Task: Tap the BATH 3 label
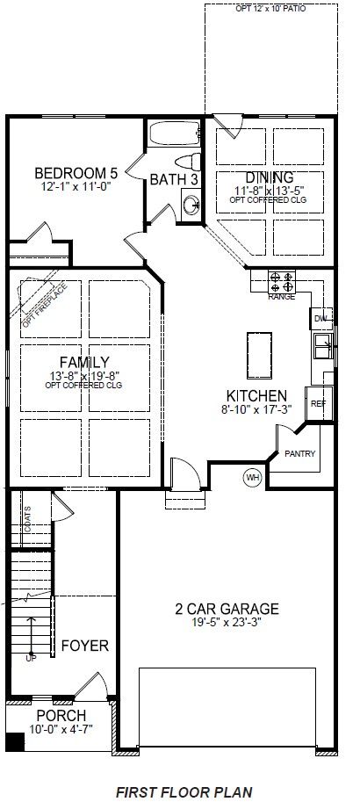point(174,179)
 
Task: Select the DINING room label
point(270,177)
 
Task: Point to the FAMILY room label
point(83,361)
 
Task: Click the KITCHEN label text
point(256,395)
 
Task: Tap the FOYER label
point(84,646)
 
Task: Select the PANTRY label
point(300,454)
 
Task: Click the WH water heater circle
point(253,477)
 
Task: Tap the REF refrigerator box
point(318,403)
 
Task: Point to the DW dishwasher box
point(320,318)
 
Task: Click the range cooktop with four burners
point(282,282)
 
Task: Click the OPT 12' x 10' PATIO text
point(270,10)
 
